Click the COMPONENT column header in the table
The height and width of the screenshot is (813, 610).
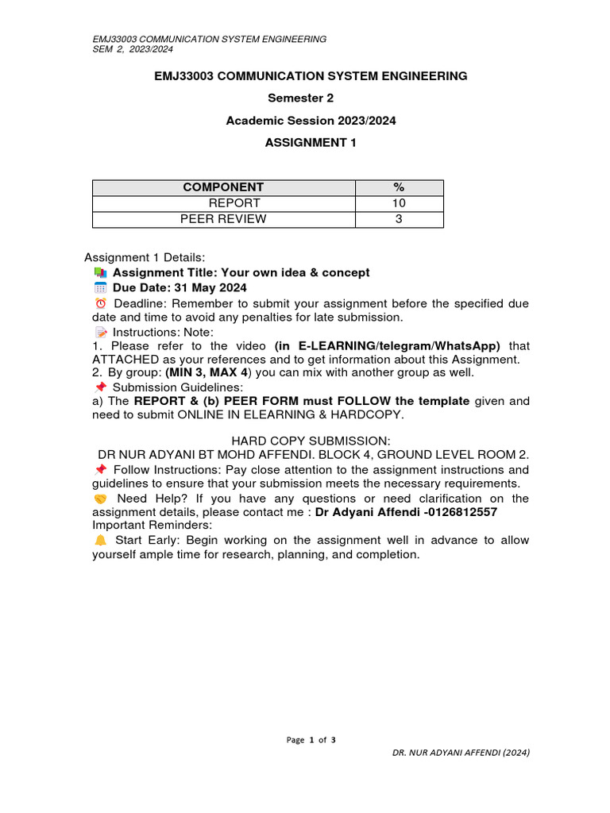click(223, 187)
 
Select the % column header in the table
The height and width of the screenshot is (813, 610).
click(399, 187)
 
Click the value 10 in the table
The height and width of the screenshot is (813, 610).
click(399, 203)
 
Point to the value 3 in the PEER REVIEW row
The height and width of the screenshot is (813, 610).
click(399, 219)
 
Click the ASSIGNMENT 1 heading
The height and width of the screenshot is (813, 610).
click(311, 143)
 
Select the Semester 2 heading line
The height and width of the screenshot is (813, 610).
click(311, 98)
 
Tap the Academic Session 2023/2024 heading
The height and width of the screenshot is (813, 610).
click(311, 121)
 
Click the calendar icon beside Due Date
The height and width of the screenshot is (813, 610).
click(100, 287)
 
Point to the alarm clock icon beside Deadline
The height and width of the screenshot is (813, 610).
click(100, 303)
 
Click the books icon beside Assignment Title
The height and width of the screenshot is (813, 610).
click(100, 272)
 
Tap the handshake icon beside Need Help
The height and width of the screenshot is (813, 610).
click(100, 499)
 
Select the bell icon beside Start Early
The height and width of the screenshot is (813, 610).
click(100, 540)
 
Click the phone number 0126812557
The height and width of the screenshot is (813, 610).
click(464, 513)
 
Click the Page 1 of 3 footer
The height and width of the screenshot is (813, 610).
click(311, 740)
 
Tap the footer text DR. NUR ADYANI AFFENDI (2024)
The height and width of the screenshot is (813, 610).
click(461, 752)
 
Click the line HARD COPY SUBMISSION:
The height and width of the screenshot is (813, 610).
click(311, 440)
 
